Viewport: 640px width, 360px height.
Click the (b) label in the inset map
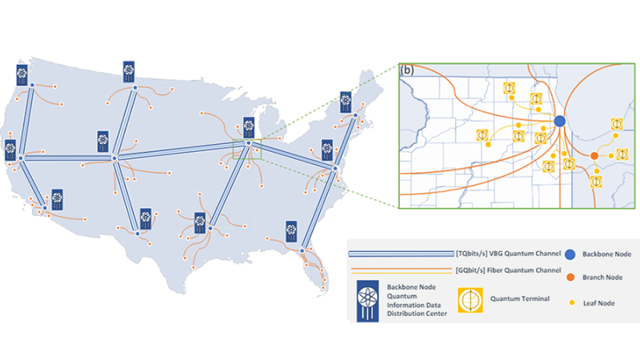click(407, 70)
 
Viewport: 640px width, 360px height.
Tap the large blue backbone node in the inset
click(559, 121)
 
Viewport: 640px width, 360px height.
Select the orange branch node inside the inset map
click(594, 156)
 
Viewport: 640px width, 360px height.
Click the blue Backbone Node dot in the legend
click(570, 254)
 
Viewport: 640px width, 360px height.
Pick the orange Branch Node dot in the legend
click(570, 278)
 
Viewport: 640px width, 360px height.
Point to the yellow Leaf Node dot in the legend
click(572, 303)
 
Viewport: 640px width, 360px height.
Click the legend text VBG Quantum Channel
click(525, 254)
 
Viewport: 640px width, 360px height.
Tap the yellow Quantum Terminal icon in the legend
click(470, 300)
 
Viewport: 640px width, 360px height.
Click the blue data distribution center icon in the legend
click(367, 302)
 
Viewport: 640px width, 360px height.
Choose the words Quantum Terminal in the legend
click(520, 298)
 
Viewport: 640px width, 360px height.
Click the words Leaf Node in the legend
click(598, 303)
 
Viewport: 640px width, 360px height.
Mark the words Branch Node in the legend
click(602, 278)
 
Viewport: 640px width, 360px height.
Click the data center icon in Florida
click(291, 231)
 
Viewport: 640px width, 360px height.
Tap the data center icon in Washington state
click(22, 75)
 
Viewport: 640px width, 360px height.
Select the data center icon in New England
click(346, 102)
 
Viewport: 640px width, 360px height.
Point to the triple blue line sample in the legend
click(402, 254)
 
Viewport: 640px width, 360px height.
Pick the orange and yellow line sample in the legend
click(402, 270)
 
